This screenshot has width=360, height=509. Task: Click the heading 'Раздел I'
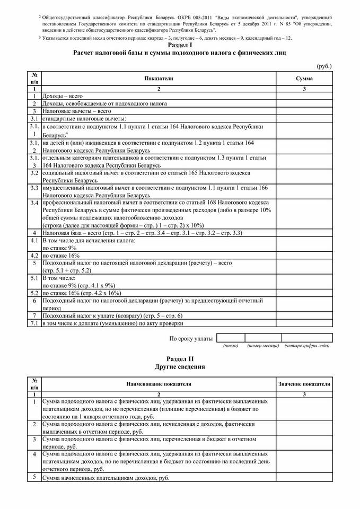(180, 46)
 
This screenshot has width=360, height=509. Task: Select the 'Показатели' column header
(158, 78)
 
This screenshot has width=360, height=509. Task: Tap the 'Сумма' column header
(304, 78)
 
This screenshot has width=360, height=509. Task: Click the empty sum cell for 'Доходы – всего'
(304, 96)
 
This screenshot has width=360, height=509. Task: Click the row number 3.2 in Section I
(34, 173)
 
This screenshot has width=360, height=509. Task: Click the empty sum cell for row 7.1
(304, 323)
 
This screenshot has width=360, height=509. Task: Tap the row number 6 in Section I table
(34, 300)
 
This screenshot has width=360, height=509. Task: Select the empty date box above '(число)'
(231, 338)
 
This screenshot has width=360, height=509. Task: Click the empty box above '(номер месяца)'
(263, 338)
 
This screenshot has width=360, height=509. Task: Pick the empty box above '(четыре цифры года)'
(307, 338)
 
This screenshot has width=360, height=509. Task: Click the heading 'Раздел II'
(180, 359)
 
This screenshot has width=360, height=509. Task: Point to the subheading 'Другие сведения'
(180, 367)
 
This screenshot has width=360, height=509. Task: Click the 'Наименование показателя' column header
(158, 383)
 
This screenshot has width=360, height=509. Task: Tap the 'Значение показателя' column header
(304, 383)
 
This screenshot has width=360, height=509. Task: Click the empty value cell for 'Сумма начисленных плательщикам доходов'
(304, 478)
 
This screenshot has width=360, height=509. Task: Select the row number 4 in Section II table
(34, 454)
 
